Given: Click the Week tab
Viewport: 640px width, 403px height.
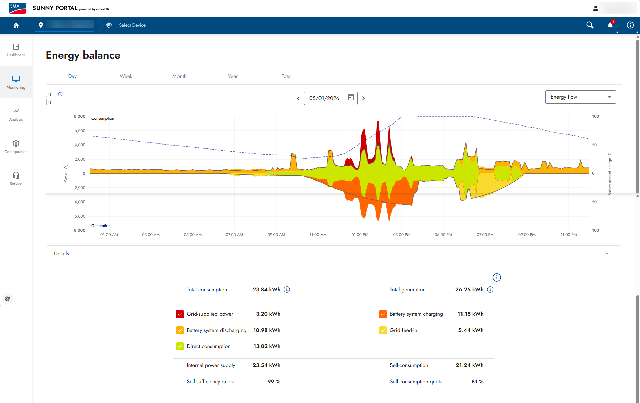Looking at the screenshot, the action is coord(126,76).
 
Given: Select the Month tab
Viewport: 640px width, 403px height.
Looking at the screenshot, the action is coord(180,76).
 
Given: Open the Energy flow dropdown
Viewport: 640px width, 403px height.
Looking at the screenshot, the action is coord(580,97).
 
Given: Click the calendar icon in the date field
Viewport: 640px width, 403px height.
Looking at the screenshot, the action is coord(351,97).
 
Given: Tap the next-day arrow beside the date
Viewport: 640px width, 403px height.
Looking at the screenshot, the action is coord(363,98).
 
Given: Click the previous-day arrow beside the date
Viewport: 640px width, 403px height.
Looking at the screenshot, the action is coord(298,98).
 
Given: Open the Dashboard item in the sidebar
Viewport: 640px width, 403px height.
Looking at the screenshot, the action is coord(16,50).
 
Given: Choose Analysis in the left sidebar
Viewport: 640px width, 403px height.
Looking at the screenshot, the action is coord(16,114).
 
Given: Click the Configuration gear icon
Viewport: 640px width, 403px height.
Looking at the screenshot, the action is coord(16,143).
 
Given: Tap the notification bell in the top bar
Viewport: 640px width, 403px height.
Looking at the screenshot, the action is coord(610,25).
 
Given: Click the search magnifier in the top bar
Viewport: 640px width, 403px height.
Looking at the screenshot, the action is coord(590,25).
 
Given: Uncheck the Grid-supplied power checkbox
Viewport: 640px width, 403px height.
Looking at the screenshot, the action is coord(180,314).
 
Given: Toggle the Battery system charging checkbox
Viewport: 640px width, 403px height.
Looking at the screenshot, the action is coord(383,314).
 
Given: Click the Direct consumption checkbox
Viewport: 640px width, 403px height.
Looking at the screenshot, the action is coord(180,346).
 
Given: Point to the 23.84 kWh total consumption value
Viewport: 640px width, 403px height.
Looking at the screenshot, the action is coord(266,290).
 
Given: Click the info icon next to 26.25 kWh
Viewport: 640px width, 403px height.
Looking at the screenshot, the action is coord(490,290).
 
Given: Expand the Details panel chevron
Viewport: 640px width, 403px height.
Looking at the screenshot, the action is coord(607,254).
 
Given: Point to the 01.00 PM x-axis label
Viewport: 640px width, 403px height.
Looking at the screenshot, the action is coord(360,235).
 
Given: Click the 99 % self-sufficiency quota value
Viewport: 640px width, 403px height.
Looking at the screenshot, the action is coord(274,382).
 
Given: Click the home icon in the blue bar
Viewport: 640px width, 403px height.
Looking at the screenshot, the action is coord(16,25).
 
